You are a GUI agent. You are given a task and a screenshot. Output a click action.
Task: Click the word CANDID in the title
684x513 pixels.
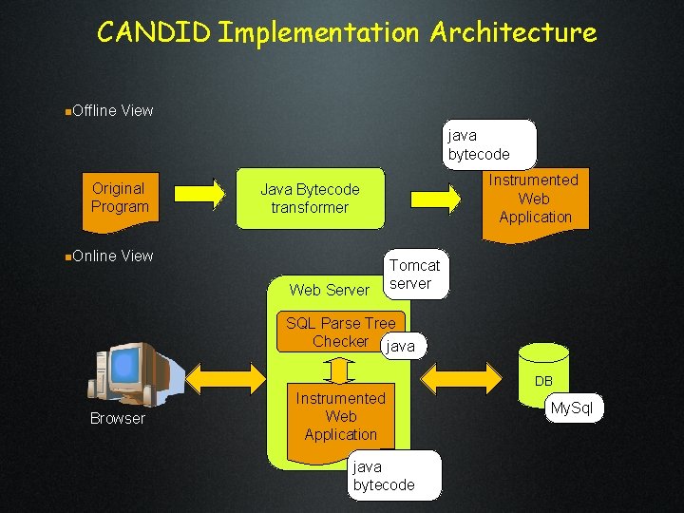click(x=154, y=32)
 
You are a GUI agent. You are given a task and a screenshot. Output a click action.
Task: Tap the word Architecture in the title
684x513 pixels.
click(x=513, y=32)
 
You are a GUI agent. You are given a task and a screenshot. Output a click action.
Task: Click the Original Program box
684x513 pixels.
click(x=120, y=200)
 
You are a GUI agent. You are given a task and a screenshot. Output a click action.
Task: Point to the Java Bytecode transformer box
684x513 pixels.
click(x=310, y=199)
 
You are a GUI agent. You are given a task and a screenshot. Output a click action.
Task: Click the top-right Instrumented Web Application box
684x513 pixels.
click(x=535, y=200)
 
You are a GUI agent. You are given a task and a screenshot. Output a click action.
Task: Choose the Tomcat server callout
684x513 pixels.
click(x=414, y=275)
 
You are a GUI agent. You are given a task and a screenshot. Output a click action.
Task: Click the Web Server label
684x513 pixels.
click(x=329, y=289)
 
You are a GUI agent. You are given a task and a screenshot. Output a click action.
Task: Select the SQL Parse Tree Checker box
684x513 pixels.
click(x=340, y=332)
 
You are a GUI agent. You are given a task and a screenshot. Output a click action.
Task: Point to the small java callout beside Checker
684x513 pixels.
click(x=401, y=347)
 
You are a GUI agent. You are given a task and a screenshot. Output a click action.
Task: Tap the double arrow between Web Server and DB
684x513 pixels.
click(x=460, y=377)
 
